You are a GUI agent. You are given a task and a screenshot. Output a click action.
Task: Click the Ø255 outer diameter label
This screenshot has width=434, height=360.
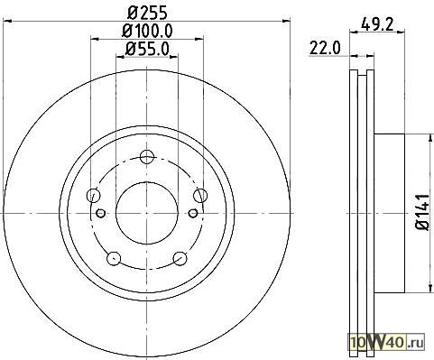point(147,13)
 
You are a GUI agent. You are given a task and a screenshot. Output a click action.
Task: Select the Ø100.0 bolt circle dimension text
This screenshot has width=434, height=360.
point(147,31)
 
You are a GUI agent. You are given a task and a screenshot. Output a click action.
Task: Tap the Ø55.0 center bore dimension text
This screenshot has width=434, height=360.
point(147,49)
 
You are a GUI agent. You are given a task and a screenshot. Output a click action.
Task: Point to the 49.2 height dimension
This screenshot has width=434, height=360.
point(377,23)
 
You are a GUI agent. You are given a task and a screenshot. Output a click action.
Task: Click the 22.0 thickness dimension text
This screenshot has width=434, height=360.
point(325,48)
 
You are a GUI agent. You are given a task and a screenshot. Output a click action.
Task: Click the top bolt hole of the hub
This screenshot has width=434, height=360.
point(147,157)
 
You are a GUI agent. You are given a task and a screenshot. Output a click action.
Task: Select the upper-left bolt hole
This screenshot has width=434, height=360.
point(93,196)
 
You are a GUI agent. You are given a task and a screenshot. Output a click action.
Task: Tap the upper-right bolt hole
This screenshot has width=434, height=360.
point(200,196)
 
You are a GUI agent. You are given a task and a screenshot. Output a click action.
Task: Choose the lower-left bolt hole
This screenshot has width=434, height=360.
point(114,258)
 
